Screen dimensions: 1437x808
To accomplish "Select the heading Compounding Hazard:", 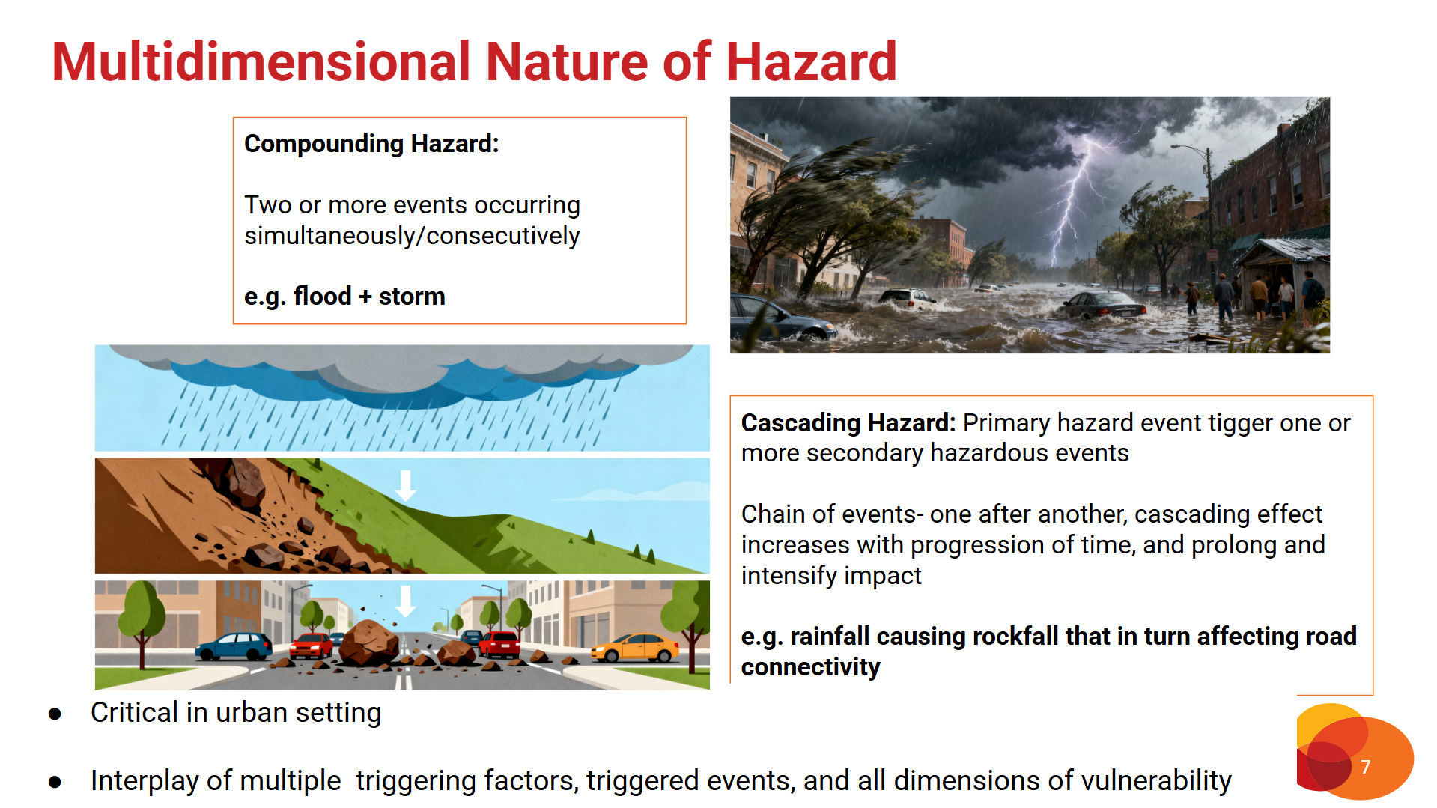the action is click(371, 143).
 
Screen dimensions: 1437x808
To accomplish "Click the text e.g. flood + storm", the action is click(344, 297).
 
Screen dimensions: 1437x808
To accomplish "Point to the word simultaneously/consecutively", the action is click(412, 236).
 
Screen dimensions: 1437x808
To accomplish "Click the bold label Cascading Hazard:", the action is click(848, 423).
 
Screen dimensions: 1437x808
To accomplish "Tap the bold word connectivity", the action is click(810, 666).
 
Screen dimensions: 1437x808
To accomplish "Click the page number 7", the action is click(1365, 767).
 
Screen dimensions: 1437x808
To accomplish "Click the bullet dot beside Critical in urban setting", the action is click(55, 714).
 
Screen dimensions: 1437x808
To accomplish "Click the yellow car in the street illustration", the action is click(634, 648).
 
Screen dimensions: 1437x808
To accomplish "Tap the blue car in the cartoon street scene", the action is click(234, 646).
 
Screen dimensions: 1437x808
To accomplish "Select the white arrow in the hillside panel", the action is click(406, 485).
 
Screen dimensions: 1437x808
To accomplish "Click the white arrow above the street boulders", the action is click(406, 601).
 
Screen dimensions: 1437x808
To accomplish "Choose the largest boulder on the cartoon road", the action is click(368, 642).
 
